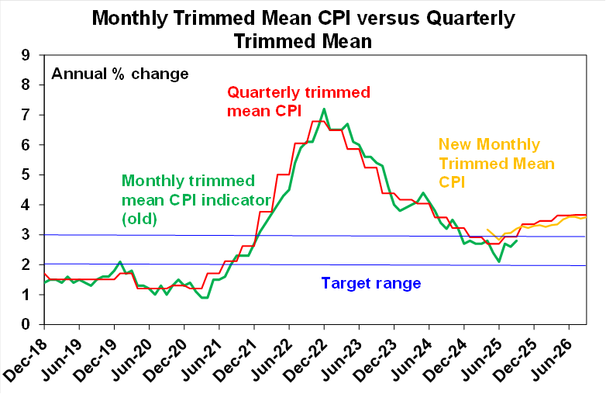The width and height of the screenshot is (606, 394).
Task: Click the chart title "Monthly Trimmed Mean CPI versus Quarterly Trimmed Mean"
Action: point(303,29)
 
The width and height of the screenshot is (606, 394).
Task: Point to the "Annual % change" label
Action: point(120,74)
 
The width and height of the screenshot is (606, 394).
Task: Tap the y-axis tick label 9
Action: point(26,55)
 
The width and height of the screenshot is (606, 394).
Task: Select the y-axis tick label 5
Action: point(26,175)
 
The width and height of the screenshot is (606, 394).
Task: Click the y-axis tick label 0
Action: point(26,324)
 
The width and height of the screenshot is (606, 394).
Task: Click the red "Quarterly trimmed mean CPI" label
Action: point(298,102)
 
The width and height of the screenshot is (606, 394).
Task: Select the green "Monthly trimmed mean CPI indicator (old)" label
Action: point(196,200)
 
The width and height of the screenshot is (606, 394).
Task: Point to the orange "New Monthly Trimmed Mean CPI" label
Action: point(497,163)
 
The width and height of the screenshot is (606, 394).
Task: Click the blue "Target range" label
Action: point(371,283)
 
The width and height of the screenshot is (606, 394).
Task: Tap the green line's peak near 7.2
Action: point(324,109)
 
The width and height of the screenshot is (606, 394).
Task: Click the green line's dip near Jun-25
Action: point(499,262)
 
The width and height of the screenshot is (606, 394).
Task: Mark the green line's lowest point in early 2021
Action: point(205,297)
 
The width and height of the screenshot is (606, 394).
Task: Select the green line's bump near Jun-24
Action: point(423,192)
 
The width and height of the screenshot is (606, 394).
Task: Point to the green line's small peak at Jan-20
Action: point(120,262)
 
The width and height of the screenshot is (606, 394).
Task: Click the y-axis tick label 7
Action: point(26,115)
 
